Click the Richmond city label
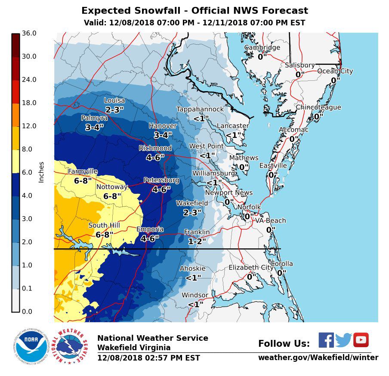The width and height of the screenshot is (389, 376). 155,148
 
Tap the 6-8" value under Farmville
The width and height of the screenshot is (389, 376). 83,181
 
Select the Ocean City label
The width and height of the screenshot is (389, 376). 335,71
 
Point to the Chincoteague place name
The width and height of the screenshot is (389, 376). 318,107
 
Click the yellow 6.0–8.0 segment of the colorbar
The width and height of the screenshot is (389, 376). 15,161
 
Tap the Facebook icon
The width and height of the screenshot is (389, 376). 326,340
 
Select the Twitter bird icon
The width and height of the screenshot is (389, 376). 343,340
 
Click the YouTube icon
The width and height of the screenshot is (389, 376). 361,340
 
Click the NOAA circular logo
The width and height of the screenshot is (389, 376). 31,346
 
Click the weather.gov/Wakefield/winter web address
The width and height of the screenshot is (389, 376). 318,358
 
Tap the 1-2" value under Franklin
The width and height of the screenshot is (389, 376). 197,241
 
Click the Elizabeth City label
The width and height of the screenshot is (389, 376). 251,267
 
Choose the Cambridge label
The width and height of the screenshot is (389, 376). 262,48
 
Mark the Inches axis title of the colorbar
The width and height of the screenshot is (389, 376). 41,172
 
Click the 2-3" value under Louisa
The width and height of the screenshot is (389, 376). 114,110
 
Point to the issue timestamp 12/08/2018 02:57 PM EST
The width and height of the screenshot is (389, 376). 148,358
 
